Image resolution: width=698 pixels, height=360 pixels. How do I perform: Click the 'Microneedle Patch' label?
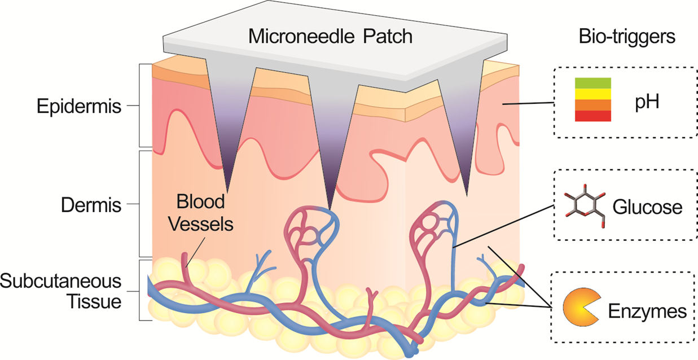pyautogui.click(x=331, y=37)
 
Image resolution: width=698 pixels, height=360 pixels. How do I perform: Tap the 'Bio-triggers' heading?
pyautogui.click(x=627, y=37)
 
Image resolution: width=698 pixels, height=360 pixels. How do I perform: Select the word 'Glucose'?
pyautogui.click(x=648, y=208)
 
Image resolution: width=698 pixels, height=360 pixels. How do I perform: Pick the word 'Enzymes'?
pyautogui.click(x=647, y=311)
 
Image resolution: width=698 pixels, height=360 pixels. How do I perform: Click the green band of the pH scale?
pyautogui.click(x=592, y=84)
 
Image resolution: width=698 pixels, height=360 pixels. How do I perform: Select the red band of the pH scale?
pyautogui.click(x=592, y=116)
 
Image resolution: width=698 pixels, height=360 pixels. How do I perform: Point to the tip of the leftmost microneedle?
pyautogui.click(x=227, y=190)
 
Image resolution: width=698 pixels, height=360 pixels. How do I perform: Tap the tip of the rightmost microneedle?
pyautogui.click(x=468, y=195)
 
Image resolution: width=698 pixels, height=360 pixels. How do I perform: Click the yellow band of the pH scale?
pyautogui.click(x=592, y=94)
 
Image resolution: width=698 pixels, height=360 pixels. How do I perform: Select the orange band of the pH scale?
pyautogui.click(x=592, y=105)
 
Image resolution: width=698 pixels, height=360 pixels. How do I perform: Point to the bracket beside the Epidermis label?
pyautogui.click(x=140, y=106)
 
